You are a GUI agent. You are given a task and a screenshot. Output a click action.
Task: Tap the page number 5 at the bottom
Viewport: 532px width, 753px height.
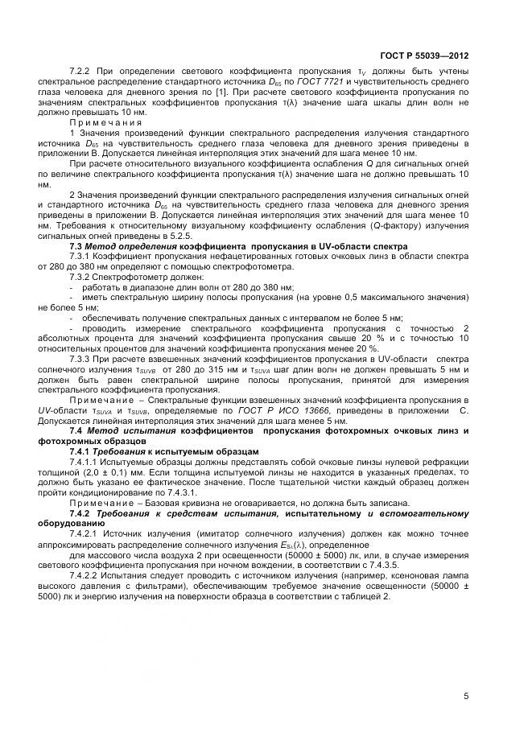(x=466, y=696)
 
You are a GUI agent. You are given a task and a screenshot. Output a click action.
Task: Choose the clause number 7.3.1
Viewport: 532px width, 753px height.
(x=83, y=256)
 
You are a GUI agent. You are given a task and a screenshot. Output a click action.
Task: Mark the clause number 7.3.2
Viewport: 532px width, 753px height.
(x=83, y=276)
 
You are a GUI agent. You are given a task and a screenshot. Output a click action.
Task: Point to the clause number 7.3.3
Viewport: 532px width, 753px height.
(x=83, y=359)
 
